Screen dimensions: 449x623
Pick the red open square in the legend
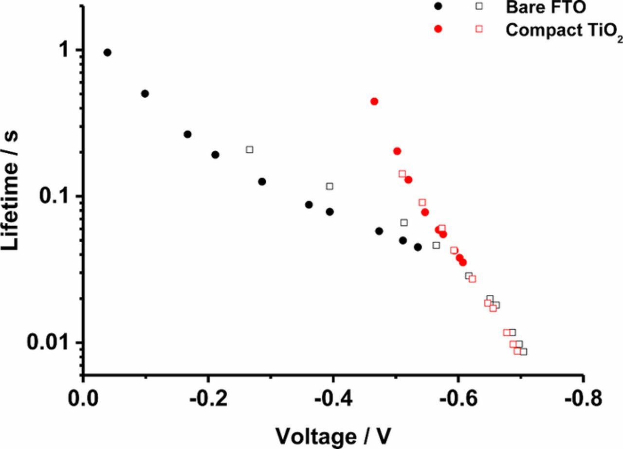point(479,29)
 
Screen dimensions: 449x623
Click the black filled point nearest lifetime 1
point(108,53)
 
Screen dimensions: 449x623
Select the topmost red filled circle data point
point(374,101)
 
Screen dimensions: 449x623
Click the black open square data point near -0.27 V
point(250,149)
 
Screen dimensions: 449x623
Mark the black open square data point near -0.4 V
point(330,186)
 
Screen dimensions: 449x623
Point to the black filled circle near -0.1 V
point(145,93)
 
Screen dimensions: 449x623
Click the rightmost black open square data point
point(523,352)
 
